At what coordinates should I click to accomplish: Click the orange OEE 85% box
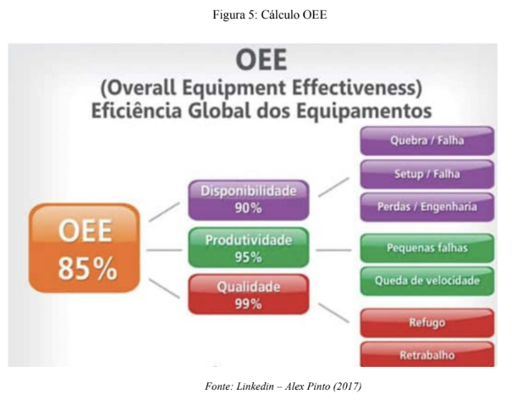[x=85, y=248]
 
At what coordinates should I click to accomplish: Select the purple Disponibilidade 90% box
[x=249, y=200]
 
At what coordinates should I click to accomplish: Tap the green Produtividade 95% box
[x=249, y=247]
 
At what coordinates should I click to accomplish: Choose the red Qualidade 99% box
[x=249, y=295]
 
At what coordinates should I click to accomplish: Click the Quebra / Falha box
[x=427, y=141]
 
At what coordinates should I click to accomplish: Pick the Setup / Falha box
[x=427, y=174]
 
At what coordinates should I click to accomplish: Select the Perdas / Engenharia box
[x=427, y=207]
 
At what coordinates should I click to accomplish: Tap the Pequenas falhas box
[x=427, y=248]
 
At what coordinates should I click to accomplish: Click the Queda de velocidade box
[x=427, y=280]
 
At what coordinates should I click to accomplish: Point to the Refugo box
[x=427, y=323]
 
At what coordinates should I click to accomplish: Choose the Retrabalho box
[x=427, y=354]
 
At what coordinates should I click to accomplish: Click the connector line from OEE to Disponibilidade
[x=164, y=212]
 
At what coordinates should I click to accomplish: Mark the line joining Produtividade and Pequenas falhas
[x=333, y=250]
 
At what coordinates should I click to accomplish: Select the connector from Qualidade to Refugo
[x=334, y=313]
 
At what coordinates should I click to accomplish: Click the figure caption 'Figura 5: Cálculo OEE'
[x=270, y=14]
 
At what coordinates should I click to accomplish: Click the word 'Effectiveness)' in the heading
[x=357, y=88]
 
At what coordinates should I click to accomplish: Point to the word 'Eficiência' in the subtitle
[x=136, y=110]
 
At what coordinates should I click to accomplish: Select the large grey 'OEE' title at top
[x=261, y=60]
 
